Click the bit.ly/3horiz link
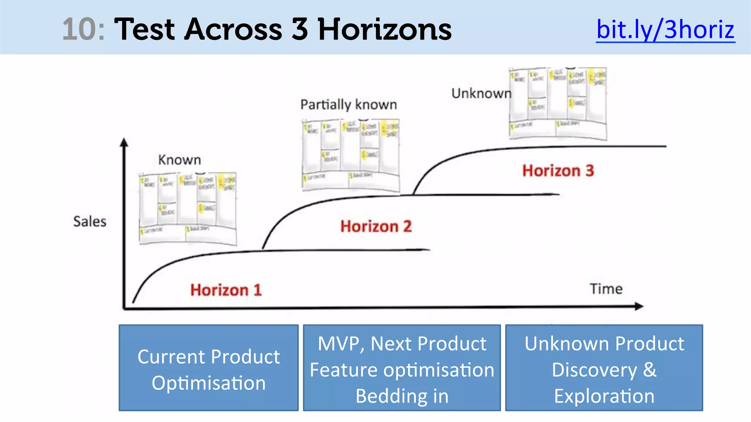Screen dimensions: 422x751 coord(665,29)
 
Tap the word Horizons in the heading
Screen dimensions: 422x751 coord(385,29)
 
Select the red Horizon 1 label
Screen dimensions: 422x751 coord(226,290)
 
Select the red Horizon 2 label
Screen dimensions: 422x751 coord(376,226)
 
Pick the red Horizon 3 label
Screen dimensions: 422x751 coord(558,171)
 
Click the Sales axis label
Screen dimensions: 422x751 coord(90,222)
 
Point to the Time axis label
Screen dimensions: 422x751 coord(606,289)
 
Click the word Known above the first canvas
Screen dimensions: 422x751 coord(180,160)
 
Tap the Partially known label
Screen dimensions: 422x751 coord(348,105)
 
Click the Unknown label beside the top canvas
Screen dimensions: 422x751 coord(481,93)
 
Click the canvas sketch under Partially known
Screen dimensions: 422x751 coord(351,155)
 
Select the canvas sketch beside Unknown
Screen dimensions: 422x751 coord(558,103)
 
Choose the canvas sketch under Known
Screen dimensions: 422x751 coord(188,208)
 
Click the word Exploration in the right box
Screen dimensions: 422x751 coord(604,396)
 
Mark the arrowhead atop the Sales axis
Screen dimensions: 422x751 coord(124,142)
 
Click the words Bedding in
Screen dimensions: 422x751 coord(402,396)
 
